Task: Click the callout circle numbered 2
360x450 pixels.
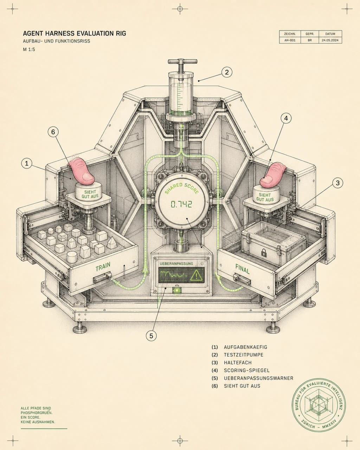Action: click(x=227, y=72)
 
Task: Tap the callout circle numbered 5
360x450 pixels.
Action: click(x=151, y=336)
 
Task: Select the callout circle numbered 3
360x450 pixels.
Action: click(x=337, y=183)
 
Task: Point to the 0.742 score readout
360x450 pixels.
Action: click(x=181, y=204)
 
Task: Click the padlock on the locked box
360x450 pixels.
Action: click(x=264, y=253)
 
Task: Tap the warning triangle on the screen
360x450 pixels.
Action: click(x=197, y=275)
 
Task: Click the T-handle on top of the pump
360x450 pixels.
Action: click(x=182, y=62)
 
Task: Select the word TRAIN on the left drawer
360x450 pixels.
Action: click(x=103, y=266)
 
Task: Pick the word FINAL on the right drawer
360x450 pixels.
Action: click(x=243, y=269)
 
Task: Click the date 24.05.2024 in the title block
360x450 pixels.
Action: click(x=330, y=40)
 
